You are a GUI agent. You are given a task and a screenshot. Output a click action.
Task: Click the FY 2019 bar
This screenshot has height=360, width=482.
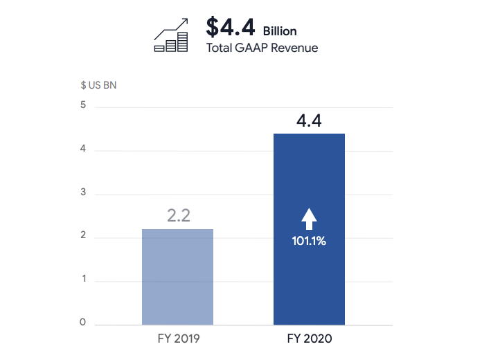tap(177, 277)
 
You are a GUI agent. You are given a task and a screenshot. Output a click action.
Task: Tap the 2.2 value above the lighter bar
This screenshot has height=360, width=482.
tap(179, 215)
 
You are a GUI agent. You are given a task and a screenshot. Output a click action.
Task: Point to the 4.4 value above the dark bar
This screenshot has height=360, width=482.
tap(309, 120)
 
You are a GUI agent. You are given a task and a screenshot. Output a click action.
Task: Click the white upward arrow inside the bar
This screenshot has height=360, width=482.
tap(309, 219)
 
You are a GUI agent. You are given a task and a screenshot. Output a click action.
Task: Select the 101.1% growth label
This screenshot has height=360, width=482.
tap(309, 242)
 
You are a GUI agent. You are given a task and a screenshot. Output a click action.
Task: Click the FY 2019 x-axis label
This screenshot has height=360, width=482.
tap(178, 340)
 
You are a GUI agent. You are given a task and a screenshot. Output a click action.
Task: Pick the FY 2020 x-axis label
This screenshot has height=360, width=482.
tap(310, 340)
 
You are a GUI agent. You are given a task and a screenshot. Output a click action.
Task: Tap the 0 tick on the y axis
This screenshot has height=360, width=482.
tap(82, 323)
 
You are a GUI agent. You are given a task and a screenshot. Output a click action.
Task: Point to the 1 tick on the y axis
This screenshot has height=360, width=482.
tap(82, 279)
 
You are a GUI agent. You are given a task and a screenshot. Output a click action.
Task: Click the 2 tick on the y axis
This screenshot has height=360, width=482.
tap(82, 235)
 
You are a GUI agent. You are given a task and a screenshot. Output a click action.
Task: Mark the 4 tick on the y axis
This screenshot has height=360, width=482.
tap(82, 149)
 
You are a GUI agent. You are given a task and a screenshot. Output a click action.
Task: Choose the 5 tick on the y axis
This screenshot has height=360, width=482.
tap(82, 105)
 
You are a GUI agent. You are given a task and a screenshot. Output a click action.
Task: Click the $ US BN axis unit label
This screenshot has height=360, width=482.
tap(98, 86)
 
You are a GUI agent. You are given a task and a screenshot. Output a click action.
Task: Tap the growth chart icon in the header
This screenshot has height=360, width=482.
tap(171, 36)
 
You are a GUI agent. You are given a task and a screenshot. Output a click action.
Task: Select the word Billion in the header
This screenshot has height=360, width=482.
tap(280, 31)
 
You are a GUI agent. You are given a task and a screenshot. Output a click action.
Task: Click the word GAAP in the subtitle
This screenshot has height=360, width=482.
tap(253, 48)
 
